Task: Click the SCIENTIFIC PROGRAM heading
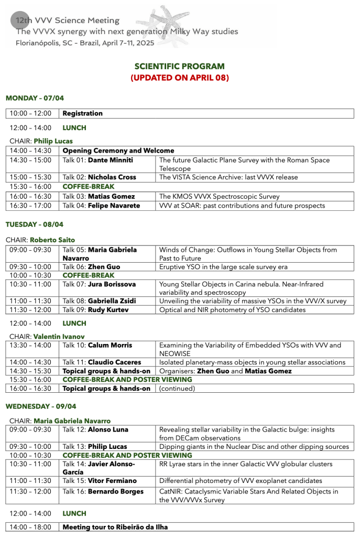(x=179, y=67)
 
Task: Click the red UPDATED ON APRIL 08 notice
(x=179, y=78)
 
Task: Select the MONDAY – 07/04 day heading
(x=35, y=98)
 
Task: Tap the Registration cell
(x=83, y=113)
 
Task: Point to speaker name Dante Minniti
(x=110, y=160)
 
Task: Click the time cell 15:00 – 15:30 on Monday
(x=30, y=177)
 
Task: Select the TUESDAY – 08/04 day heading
(x=35, y=224)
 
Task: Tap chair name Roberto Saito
(x=54, y=240)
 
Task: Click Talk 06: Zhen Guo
(x=91, y=267)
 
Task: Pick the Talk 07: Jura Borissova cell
(x=99, y=284)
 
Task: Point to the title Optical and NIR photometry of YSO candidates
(x=232, y=309)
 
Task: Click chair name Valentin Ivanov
(x=59, y=336)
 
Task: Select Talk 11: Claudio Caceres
(x=102, y=362)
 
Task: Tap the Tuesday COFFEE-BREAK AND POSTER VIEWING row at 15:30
(x=127, y=379)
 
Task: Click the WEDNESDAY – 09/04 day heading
(x=41, y=406)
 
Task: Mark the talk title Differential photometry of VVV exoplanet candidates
(x=241, y=481)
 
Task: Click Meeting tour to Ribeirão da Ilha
(x=115, y=527)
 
